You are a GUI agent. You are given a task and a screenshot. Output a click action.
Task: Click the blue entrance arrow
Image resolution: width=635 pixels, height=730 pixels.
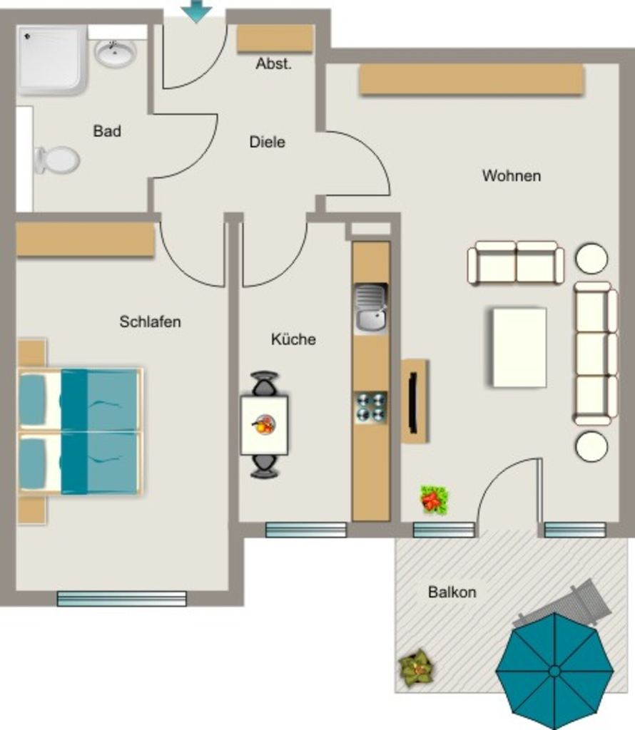(x=197, y=10)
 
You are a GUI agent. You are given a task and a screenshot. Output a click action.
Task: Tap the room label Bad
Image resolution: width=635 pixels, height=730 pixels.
(x=107, y=131)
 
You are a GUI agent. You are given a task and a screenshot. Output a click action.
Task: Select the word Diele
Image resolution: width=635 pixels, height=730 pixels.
(x=268, y=142)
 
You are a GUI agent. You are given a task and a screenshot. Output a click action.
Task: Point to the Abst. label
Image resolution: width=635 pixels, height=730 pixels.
(x=273, y=63)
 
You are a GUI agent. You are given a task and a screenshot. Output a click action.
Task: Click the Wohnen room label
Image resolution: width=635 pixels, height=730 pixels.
(x=512, y=176)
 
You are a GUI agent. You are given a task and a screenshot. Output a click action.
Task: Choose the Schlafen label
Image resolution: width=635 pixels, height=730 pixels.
(x=150, y=322)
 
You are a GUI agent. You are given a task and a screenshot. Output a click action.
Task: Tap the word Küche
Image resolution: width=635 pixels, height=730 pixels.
(x=293, y=339)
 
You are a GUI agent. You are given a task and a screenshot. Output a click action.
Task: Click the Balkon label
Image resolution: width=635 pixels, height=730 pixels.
(x=452, y=592)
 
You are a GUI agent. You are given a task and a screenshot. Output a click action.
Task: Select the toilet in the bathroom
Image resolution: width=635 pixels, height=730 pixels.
(x=57, y=160)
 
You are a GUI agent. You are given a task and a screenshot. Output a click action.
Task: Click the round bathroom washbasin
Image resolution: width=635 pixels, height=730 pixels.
(x=115, y=53)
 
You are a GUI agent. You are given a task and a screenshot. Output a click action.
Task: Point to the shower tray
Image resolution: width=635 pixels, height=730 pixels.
(x=51, y=60)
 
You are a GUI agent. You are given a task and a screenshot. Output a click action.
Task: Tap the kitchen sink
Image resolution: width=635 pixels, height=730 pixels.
(x=371, y=309)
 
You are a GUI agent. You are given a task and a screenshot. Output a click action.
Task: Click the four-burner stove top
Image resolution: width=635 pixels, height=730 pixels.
(x=371, y=407)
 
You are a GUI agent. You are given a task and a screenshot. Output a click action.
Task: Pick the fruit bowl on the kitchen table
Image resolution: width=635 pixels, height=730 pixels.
(x=264, y=425)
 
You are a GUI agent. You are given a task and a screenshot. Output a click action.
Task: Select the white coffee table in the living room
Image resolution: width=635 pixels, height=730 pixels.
(x=519, y=347)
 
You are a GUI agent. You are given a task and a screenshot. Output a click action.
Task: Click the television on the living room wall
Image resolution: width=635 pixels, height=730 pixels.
(x=413, y=402)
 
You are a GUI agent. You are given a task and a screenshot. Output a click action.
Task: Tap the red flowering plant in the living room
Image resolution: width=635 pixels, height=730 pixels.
(x=435, y=500)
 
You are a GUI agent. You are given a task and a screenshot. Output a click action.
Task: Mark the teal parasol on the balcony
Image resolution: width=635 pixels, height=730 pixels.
(x=554, y=671)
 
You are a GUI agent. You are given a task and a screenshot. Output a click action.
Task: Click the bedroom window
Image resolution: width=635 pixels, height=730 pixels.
(x=121, y=599)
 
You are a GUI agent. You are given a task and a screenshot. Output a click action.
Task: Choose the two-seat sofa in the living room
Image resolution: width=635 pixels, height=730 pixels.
(x=516, y=262)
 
